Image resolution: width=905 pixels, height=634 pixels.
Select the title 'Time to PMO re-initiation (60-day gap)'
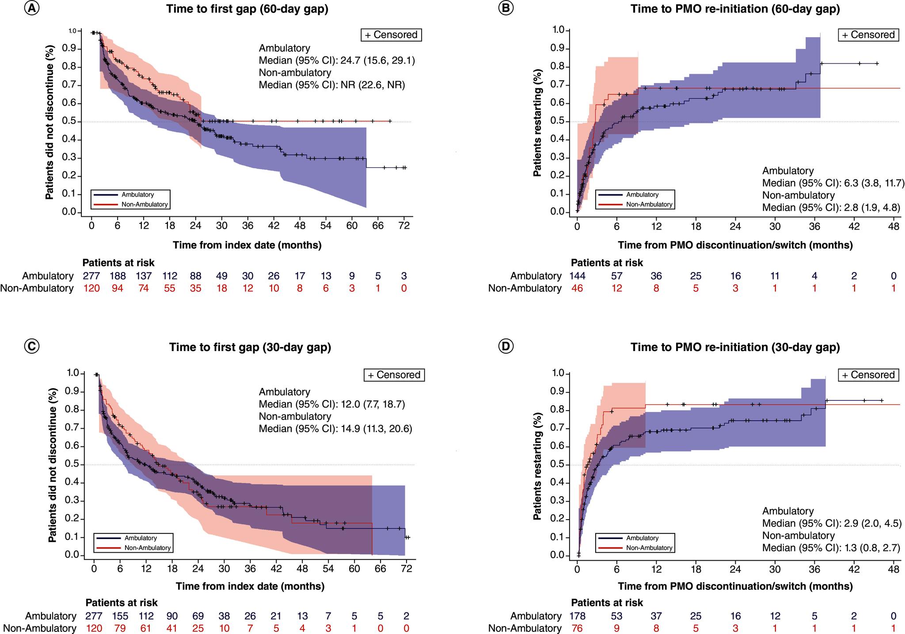click(735, 9)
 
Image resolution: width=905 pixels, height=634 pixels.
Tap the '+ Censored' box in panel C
click(394, 375)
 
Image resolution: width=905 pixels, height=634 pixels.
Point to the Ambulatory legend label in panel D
click(642, 538)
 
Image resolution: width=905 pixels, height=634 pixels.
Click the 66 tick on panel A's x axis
click(378, 226)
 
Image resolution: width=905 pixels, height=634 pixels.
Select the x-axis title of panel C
click(250, 586)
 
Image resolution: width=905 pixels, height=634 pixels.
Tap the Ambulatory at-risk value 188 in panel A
click(118, 276)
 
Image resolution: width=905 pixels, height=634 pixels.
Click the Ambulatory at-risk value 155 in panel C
click(120, 616)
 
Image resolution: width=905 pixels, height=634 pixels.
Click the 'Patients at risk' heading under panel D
click(607, 603)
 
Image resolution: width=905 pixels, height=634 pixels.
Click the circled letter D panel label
click(506, 347)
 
